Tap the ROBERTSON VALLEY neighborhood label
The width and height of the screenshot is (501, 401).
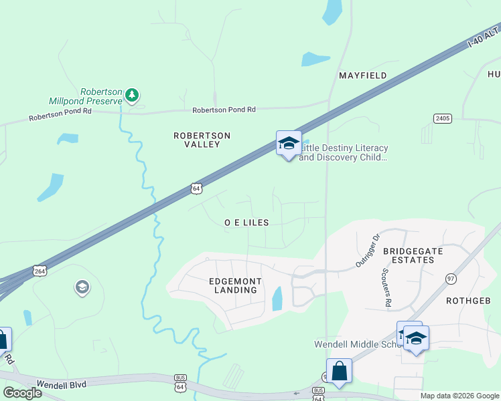coord(202,140)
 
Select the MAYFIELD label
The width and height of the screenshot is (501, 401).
coord(362,76)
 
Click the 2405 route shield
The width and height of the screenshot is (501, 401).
coord(443,118)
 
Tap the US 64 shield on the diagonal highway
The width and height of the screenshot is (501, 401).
coord(195,188)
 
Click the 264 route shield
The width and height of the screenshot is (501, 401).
coord(40,271)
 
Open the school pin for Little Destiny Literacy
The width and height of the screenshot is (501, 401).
coord(288,144)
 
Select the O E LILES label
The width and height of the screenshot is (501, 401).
coord(246,223)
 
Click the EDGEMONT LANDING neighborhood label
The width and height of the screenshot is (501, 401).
coord(234,286)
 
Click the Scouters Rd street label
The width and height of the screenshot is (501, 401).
coord(386,288)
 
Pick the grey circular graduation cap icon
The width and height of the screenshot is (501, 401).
coord(82,288)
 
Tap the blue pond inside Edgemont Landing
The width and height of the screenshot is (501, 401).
coord(277,298)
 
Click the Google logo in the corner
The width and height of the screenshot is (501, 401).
coord(22,393)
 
